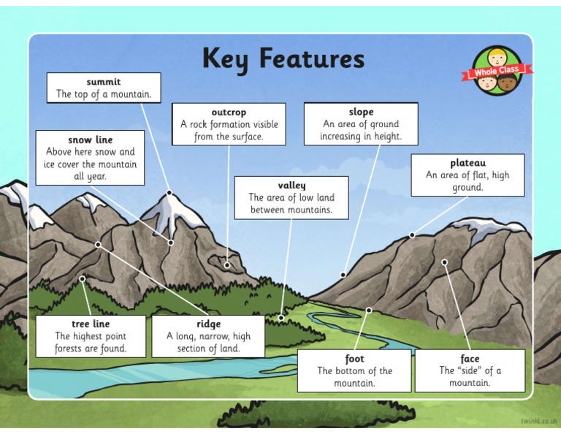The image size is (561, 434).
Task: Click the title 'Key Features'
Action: (283, 58)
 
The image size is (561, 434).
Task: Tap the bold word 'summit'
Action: (104, 82)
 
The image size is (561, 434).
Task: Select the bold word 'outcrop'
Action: (229, 113)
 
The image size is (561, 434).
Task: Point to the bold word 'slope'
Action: (361, 112)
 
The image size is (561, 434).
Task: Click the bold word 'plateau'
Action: (467, 163)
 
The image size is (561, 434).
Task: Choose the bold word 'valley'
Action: (291, 186)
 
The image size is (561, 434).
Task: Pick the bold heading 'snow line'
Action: (91, 140)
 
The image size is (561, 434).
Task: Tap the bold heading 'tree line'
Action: (91, 324)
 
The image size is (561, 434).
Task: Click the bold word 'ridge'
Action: (208, 324)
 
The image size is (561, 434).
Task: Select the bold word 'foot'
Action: (354, 359)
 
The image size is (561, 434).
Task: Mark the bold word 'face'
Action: (470, 359)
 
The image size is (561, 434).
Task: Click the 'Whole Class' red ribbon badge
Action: (497, 72)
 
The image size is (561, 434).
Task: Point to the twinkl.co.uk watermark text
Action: (539, 422)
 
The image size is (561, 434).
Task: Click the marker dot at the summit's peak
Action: (169, 193)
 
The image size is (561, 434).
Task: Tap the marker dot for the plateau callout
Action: (412, 235)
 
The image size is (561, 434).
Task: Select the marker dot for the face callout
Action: (444, 262)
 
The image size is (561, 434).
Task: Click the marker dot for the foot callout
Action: (369, 311)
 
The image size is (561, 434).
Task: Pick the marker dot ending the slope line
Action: (343, 275)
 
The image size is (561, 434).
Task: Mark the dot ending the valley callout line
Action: (281, 318)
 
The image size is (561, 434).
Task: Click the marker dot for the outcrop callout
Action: (227, 265)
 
